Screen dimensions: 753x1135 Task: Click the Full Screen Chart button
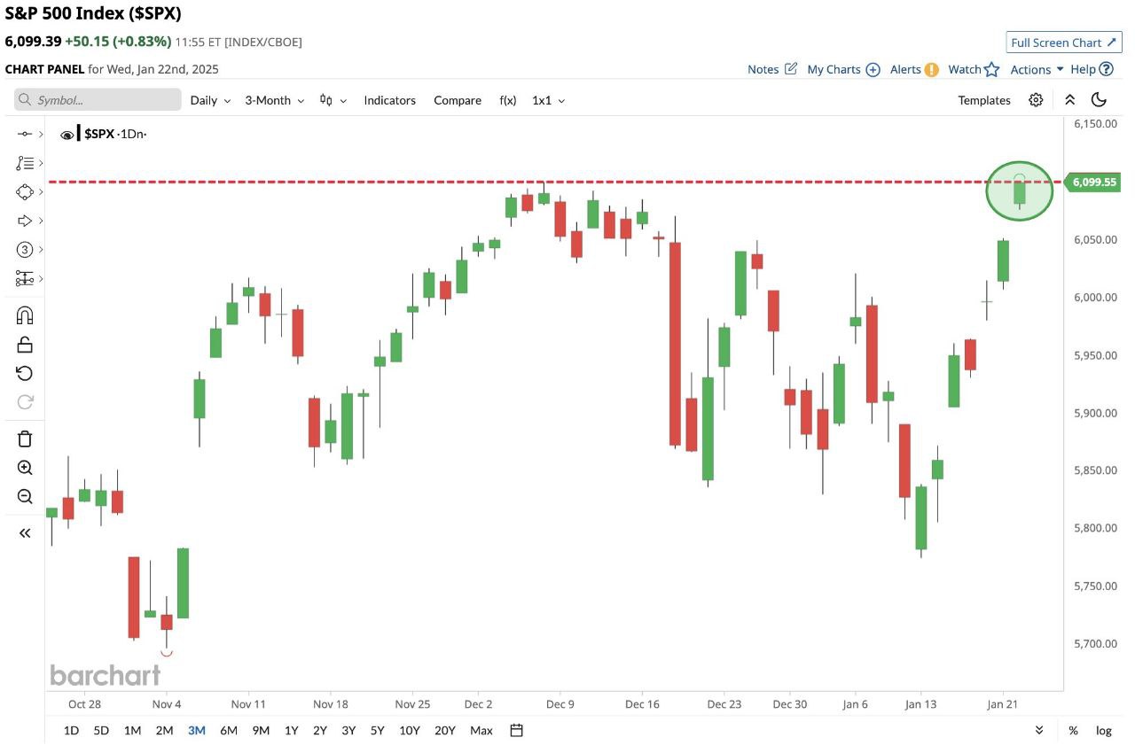(x=1064, y=43)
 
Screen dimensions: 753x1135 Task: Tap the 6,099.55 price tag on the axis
(x=1094, y=182)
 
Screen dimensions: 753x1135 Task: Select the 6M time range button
(x=229, y=730)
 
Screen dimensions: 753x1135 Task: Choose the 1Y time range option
(x=291, y=730)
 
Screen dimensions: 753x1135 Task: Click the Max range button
(x=481, y=730)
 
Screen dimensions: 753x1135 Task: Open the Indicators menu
(x=389, y=100)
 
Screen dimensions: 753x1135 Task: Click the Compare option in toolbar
(x=458, y=100)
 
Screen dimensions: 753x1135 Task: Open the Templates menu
(x=984, y=100)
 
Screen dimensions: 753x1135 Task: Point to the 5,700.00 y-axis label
(x=1095, y=643)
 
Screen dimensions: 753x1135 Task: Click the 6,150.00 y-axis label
(x=1095, y=124)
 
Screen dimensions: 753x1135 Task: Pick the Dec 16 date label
(x=641, y=704)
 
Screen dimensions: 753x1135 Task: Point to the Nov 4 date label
(x=167, y=704)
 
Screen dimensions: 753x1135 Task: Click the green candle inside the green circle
(x=1020, y=190)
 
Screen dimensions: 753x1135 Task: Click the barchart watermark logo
(x=105, y=675)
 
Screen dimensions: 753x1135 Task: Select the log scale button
(x=1103, y=730)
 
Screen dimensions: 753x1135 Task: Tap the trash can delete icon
(x=25, y=439)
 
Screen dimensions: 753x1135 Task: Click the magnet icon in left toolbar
(x=25, y=315)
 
